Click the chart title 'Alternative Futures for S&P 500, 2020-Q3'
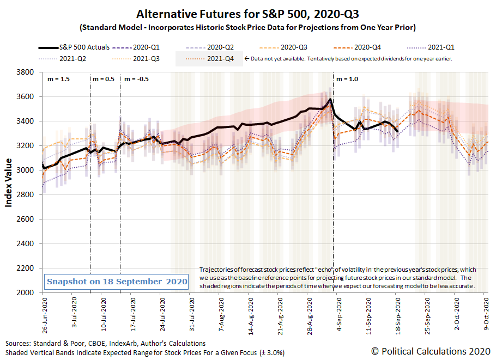pos(248,14)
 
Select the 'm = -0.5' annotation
pos(136,79)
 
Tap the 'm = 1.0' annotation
pos(347,79)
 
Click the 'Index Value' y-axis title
pos(9,182)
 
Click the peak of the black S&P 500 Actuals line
pos(330,99)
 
